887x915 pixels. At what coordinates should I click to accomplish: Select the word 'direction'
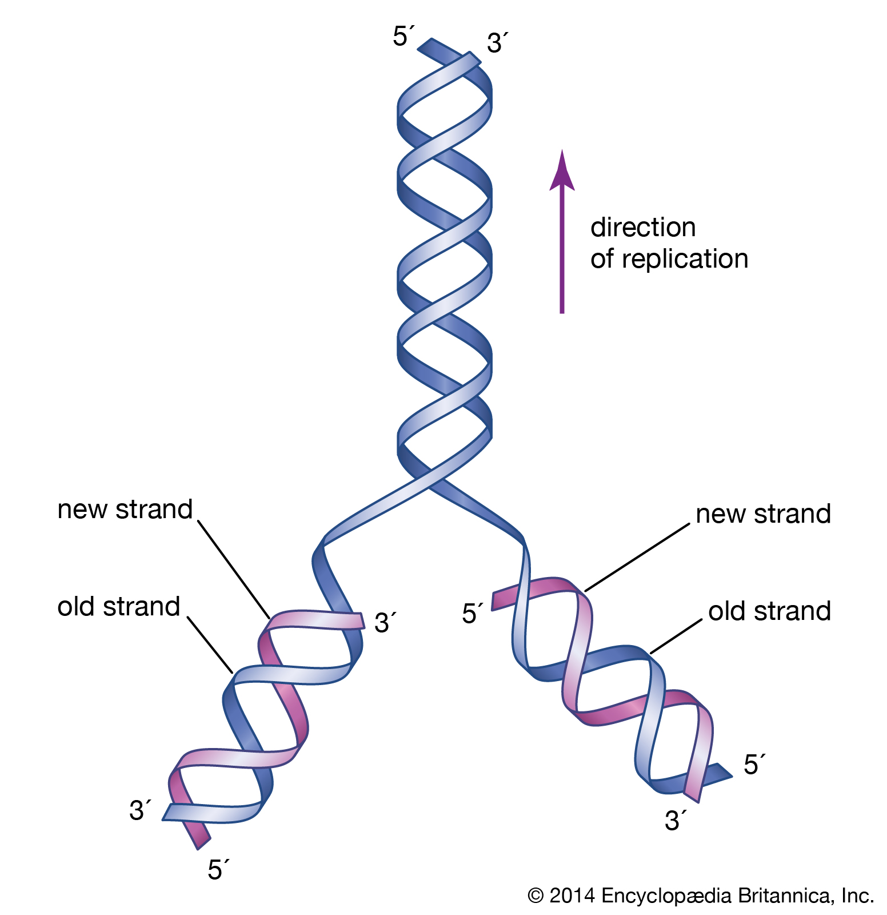(x=643, y=228)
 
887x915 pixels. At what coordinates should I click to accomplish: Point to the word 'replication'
(x=685, y=259)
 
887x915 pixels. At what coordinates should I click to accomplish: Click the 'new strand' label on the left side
(x=125, y=510)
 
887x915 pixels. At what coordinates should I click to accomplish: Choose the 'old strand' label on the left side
(x=118, y=607)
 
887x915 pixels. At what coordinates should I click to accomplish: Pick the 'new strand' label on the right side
(x=763, y=514)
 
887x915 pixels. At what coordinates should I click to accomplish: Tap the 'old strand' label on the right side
(x=769, y=611)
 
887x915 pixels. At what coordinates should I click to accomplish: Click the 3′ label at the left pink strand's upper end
(x=384, y=623)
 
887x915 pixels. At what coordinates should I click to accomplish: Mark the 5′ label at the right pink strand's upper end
(x=472, y=614)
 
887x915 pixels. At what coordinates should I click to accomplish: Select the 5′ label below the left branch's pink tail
(x=217, y=870)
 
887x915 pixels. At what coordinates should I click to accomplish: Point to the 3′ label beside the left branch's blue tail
(x=139, y=810)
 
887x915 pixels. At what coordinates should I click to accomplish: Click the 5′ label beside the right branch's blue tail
(x=753, y=765)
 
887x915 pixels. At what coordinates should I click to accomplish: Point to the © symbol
(x=536, y=896)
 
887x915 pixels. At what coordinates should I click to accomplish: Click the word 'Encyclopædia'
(x=667, y=896)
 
